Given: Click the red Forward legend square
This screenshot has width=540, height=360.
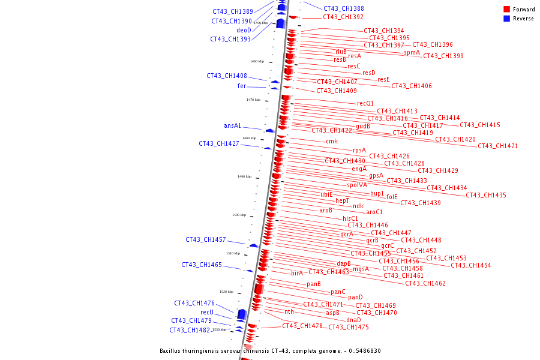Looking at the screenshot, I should click(506, 9).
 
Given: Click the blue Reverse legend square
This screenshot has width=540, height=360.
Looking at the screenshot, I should click(506, 18).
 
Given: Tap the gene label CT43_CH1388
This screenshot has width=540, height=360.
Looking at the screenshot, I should click(343, 8).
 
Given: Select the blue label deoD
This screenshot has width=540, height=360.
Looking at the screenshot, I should click(244, 30).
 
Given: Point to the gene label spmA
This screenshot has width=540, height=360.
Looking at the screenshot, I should click(412, 52).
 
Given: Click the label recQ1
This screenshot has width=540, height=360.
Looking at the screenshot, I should click(365, 103).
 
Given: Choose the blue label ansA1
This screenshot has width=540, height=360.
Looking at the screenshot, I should click(232, 126).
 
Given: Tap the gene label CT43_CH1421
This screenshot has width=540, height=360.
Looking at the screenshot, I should click(497, 146).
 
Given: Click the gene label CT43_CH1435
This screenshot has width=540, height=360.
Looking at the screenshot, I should click(485, 195).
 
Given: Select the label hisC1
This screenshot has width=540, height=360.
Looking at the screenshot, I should click(350, 218).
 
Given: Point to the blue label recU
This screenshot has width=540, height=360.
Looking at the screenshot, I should click(207, 312).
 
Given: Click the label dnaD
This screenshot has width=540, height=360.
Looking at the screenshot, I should click(354, 320).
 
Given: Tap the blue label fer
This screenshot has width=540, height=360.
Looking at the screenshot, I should click(242, 86).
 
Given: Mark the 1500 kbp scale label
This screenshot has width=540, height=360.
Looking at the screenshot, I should click(239, 215).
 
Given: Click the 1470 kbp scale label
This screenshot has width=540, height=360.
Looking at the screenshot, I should click(253, 100).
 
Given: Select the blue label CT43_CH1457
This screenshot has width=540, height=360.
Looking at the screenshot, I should click(205, 239).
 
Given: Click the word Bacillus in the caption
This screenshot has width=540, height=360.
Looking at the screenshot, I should click(172, 351).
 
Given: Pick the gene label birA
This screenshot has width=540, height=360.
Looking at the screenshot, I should click(297, 273).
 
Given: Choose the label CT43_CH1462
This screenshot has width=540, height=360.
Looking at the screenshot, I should click(425, 283).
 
